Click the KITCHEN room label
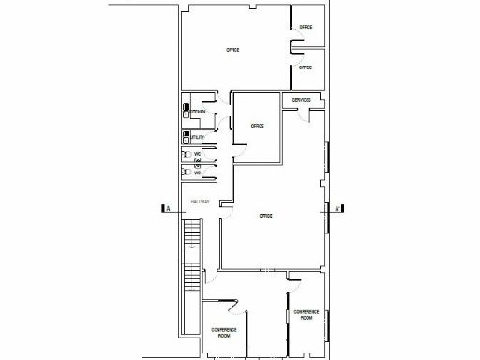[199, 112]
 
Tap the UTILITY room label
[198, 137]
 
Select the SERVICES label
[301, 100]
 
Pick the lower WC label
[198, 172]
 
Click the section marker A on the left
[166, 209]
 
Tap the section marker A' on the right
[336, 209]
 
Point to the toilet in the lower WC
[187, 173]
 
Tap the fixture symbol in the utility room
[187, 137]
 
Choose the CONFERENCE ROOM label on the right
[307, 315]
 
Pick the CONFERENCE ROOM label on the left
[223, 332]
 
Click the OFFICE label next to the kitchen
[257, 126]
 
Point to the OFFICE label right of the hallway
[266, 217]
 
